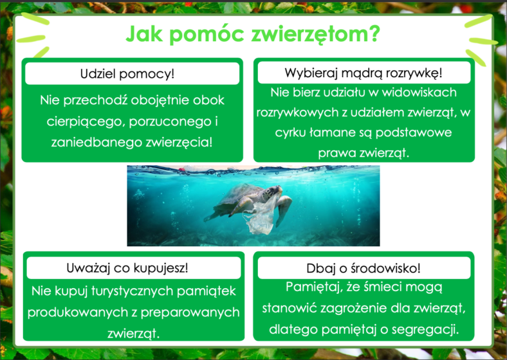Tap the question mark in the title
[374, 33]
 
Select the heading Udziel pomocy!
[127, 74]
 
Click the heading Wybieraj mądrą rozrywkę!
[364, 73]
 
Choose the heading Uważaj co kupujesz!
[127, 268]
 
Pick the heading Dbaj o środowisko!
[364, 268]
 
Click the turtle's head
[272, 193]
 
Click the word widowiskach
[419, 93]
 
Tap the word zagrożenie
[354, 309]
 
